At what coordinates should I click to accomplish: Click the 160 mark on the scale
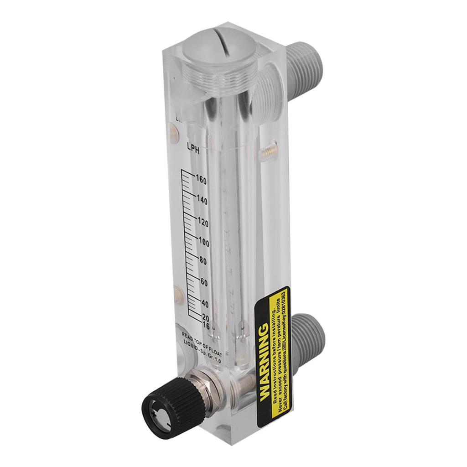pyautogui.click(x=202, y=180)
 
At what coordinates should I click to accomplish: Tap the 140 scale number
pyautogui.click(x=202, y=201)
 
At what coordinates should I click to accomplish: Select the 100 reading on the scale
pyautogui.click(x=203, y=243)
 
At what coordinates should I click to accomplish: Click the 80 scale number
pyautogui.click(x=203, y=262)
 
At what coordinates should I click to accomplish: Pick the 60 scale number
pyautogui.click(x=204, y=283)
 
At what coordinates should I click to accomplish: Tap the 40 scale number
pyautogui.click(x=205, y=304)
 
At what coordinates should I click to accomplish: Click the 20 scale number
pyautogui.click(x=205, y=318)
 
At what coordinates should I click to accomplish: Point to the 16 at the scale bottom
pyautogui.click(x=205, y=326)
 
